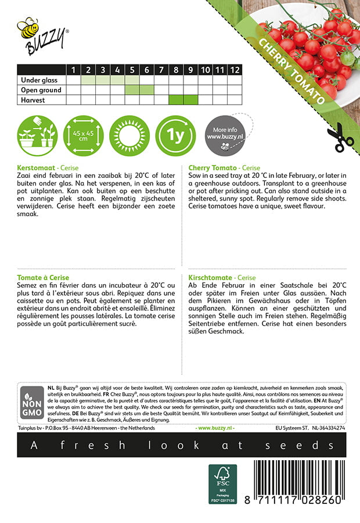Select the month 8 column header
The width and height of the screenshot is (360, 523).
coord(176,70)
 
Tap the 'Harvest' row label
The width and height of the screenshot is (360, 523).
coord(33,100)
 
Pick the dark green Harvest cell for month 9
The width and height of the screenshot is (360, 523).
coord(190,100)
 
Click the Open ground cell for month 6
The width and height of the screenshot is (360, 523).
coord(147,90)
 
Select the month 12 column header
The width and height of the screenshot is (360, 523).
coord(234,70)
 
